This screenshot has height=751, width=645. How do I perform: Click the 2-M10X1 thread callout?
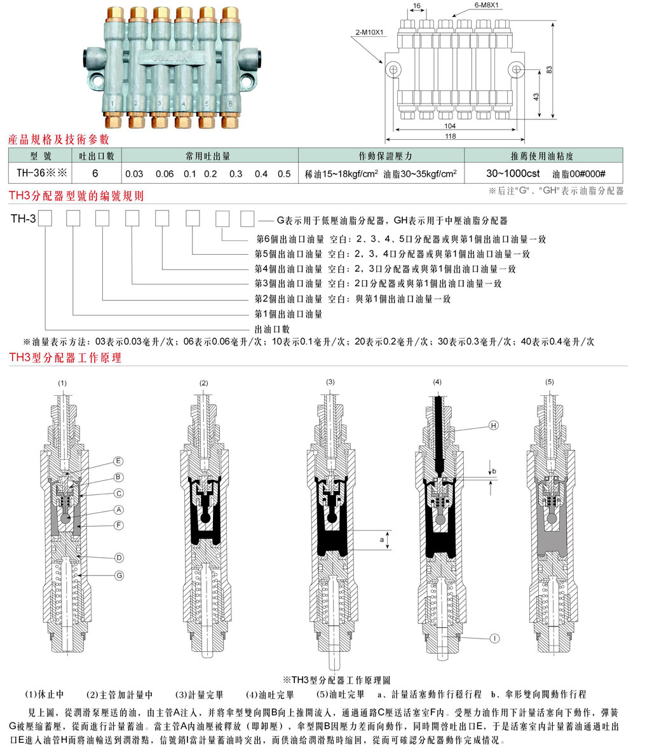(369, 30)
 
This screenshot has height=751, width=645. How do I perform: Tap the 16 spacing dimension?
(416, 7)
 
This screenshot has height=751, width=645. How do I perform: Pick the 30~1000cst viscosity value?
(513, 173)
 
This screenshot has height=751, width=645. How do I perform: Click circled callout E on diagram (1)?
(118, 461)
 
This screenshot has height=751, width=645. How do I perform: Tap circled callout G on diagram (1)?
(119, 574)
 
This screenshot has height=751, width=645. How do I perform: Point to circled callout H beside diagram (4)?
(492, 426)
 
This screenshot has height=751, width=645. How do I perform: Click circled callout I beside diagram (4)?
(492, 637)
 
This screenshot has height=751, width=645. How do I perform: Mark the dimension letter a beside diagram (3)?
(381, 539)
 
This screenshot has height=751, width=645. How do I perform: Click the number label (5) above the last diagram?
(549, 382)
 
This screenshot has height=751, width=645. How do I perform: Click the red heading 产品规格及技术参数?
(58, 139)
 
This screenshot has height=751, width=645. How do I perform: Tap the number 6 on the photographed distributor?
(229, 102)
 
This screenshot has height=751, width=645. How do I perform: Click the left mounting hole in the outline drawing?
(394, 69)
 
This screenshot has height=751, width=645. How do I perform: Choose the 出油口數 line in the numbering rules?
(272, 329)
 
